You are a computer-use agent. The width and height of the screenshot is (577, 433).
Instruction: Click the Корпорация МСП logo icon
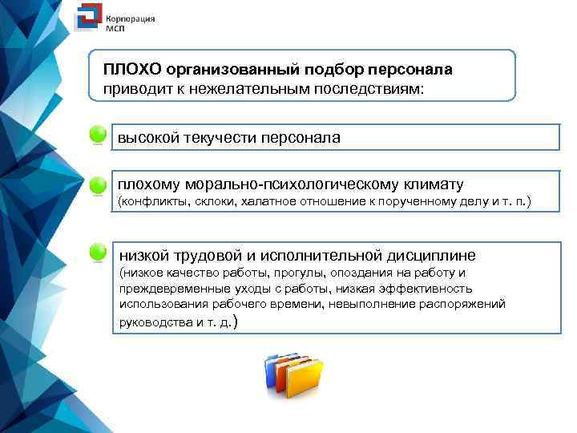point(87,20)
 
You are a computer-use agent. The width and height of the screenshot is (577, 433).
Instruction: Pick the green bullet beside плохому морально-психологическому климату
point(98,185)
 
